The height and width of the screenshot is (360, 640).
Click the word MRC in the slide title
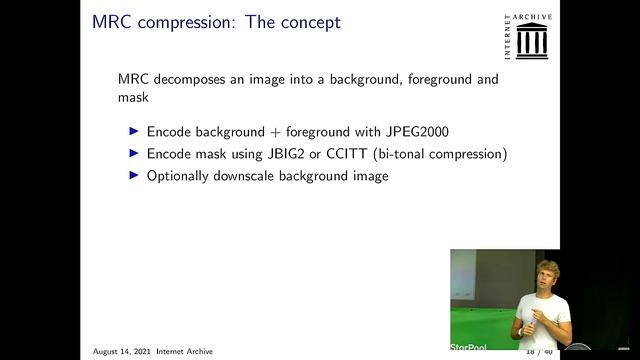110,21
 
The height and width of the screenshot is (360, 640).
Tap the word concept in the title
307,22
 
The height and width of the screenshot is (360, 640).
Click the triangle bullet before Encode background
136,131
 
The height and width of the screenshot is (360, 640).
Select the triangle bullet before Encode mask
136,153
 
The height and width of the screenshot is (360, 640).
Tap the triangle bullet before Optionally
136,175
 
